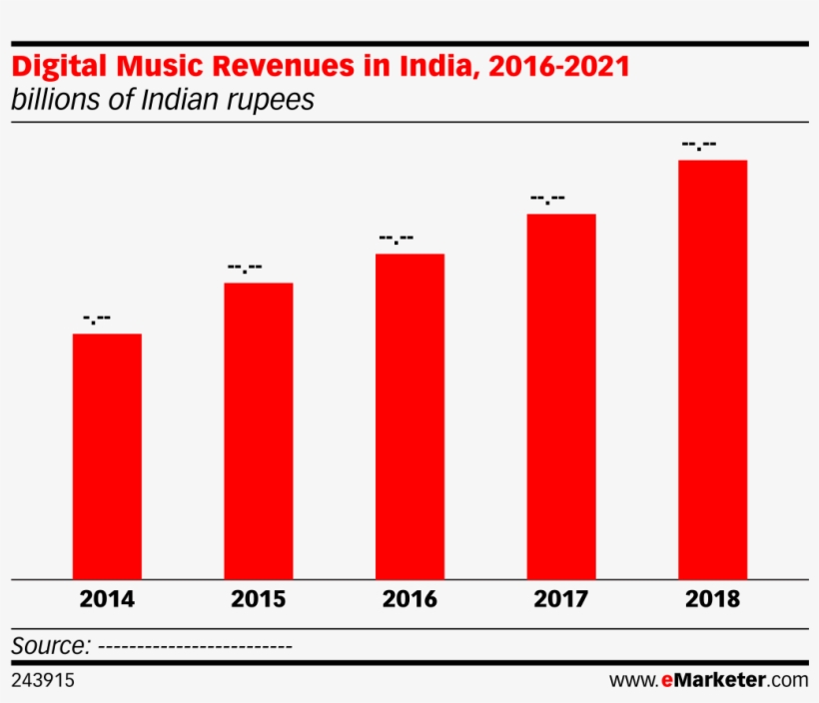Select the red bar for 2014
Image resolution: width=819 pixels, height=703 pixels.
(107, 455)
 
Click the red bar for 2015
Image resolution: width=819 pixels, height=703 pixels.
(259, 430)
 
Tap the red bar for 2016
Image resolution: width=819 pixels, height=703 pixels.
(409, 415)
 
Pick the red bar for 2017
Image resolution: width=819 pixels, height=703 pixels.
(561, 395)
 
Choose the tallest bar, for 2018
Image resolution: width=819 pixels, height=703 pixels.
(713, 368)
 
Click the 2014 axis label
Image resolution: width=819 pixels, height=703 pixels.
(107, 600)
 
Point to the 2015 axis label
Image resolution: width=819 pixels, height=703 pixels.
(259, 600)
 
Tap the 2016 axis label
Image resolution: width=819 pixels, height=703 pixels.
(409, 600)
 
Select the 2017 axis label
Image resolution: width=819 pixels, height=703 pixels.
(561, 600)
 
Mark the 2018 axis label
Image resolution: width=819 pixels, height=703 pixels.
(713, 600)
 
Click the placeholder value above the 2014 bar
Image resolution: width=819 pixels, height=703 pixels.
(97, 320)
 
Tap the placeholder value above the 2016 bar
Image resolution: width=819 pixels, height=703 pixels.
(397, 239)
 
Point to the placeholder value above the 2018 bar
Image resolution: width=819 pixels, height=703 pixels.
(699, 146)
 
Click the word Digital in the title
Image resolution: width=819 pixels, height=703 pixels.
(59, 68)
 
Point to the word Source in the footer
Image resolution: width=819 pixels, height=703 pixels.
(51, 645)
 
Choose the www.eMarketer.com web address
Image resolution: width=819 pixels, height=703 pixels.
(708, 681)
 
